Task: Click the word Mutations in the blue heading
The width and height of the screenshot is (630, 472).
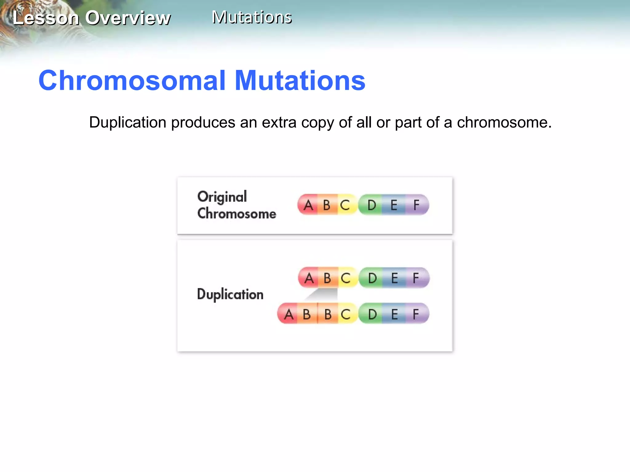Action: pos(300,81)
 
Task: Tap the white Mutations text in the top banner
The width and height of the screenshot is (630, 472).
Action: pos(252,17)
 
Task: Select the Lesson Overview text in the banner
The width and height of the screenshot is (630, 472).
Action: pos(92,18)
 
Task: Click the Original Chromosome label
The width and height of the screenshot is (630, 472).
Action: pos(236,205)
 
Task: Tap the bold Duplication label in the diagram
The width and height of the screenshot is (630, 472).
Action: pos(230,294)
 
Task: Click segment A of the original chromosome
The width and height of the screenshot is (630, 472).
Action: pos(308,205)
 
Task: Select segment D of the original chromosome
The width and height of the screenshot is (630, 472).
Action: pos(372,205)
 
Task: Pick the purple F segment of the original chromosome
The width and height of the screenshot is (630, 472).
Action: pos(416,205)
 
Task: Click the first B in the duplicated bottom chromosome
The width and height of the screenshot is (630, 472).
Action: pos(307,314)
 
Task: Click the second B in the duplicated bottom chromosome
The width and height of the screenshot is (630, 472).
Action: pos(328,314)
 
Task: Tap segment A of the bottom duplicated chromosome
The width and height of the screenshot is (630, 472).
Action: pos(288,314)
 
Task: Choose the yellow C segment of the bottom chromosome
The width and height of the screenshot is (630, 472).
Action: pos(346,314)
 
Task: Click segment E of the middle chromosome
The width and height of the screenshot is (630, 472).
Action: pos(394,278)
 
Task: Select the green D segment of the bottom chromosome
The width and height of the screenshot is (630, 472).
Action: pos(372,314)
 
